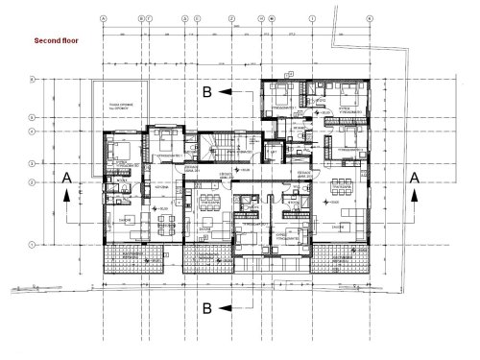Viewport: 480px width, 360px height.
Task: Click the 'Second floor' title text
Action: (58, 42)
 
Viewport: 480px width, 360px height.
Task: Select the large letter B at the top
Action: (206, 91)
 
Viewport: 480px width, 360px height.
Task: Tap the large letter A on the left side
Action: (64, 178)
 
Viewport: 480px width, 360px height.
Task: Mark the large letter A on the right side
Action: (414, 178)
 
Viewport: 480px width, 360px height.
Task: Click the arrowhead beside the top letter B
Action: (225, 91)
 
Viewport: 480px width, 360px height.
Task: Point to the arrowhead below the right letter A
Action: (414, 194)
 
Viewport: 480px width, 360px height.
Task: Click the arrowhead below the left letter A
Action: (64, 194)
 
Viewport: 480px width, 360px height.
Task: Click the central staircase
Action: (224, 151)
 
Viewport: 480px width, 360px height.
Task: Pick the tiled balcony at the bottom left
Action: (134, 257)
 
